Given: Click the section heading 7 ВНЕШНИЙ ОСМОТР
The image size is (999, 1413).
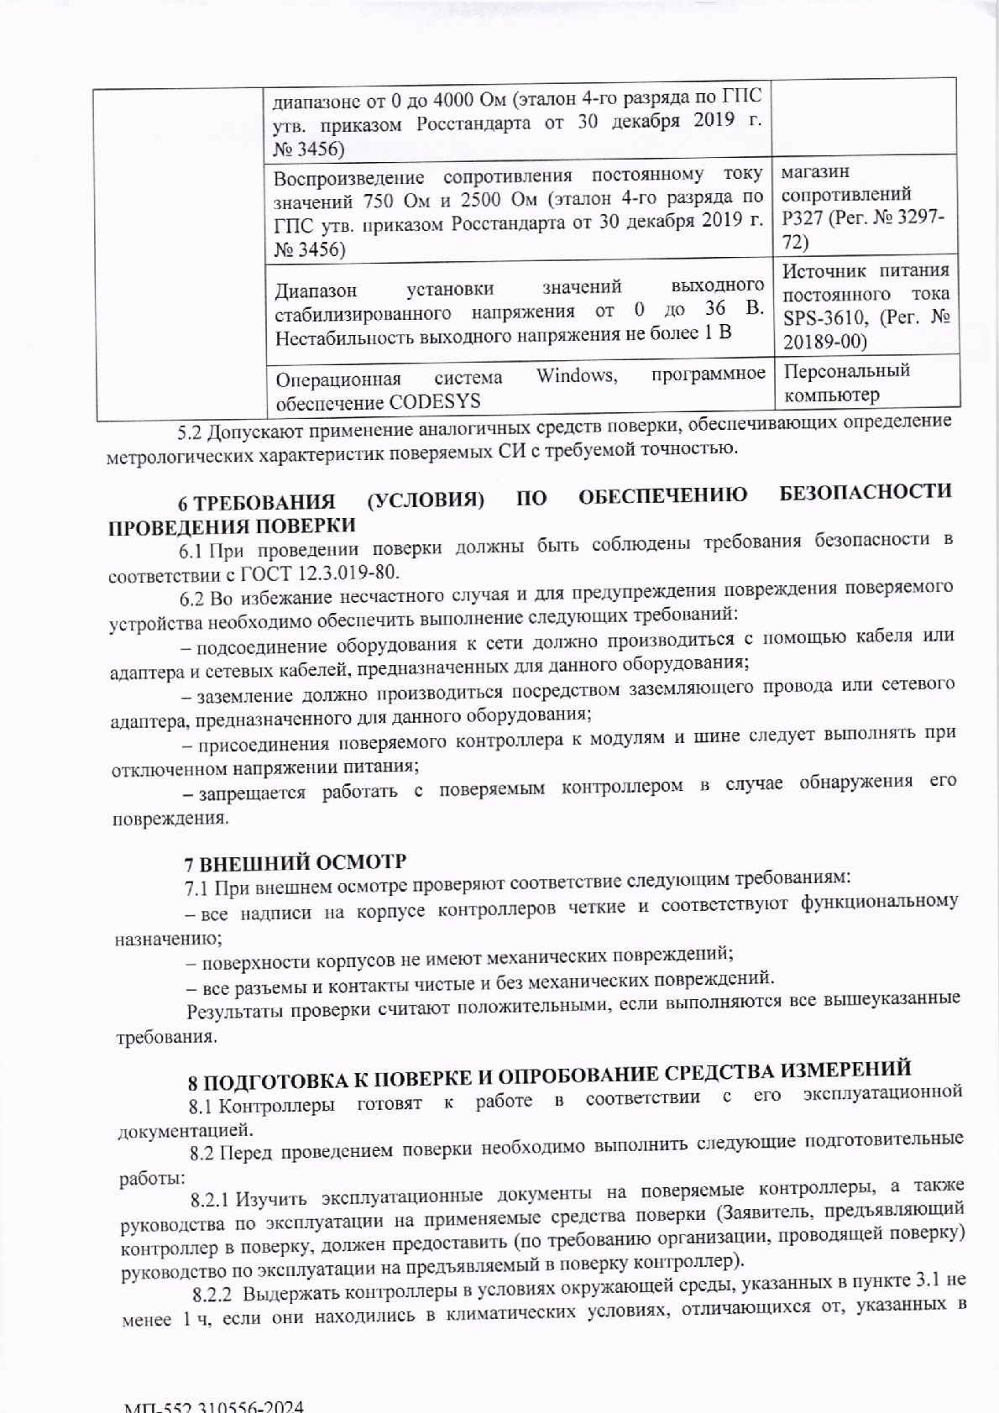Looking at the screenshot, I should tap(295, 862).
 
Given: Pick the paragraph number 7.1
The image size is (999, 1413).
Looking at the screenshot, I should tap(198, 887).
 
